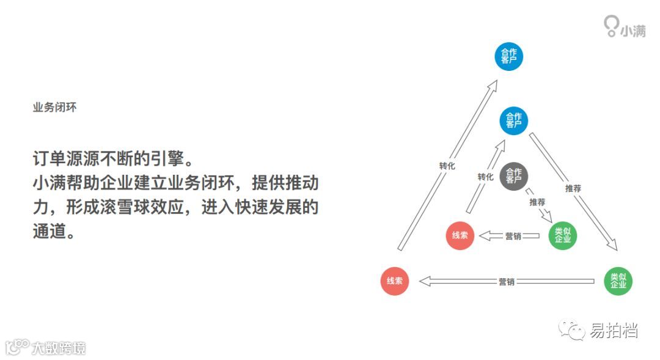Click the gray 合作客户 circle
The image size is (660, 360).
click(514, 176)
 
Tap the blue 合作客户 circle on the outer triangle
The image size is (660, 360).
click(508, 57)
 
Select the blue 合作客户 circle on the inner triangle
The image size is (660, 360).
click(514, 120)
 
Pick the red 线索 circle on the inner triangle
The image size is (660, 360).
click(460, 235)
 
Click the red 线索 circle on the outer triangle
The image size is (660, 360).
click(394, 281)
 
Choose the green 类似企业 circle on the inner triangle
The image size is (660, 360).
click(562, 235)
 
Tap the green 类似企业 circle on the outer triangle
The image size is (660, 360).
click(618, 281)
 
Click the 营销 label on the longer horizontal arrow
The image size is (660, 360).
click(506, 282)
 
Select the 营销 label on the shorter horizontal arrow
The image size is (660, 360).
click(513, 236)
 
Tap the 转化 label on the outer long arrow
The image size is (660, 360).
click(447, 166)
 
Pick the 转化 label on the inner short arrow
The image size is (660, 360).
click(485, 177)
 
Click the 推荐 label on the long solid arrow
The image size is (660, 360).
click(573, 188)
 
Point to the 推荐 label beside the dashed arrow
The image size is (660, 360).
click(538, 202)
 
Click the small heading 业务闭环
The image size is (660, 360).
click(54, 107)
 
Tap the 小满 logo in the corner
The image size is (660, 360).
click(625, 27)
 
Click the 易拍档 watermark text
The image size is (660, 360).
click(614, 331)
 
